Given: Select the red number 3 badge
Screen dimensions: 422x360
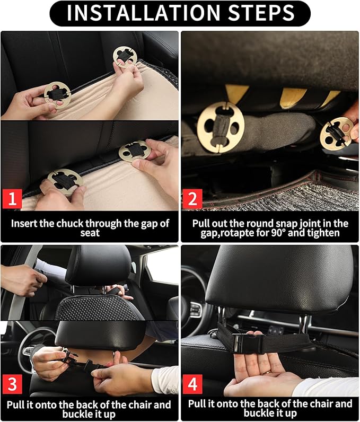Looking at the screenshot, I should click(13, 383).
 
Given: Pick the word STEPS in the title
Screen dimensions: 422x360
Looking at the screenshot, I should click(263, 13).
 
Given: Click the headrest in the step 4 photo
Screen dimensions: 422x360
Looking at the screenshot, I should click(270, 281).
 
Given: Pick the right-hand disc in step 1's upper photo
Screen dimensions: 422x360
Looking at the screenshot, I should click(125, 58).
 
